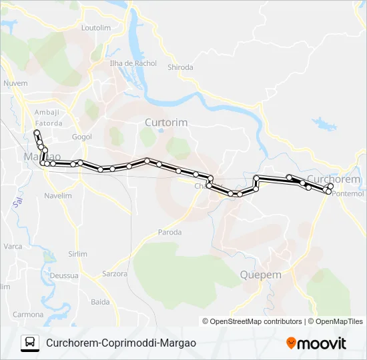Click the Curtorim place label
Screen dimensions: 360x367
(x=166, y=123)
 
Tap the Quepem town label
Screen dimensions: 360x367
(x=260, y=275)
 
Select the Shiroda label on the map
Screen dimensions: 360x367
(x=180, y=67)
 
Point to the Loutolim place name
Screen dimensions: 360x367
(x=95, y=28)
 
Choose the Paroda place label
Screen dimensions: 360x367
(x=169, y=232)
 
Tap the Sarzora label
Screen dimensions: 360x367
(x=115, y=273)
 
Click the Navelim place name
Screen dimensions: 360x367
(x=57, y=196)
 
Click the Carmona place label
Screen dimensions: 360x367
(x=28, y=314)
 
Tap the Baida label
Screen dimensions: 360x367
(x=100, y=302)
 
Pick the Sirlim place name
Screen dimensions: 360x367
(x=77, y=254)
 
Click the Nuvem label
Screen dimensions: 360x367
(x=16, y=83)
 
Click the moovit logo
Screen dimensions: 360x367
(x=316, y=343)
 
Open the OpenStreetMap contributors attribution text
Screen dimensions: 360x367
(x=256, y=321)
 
